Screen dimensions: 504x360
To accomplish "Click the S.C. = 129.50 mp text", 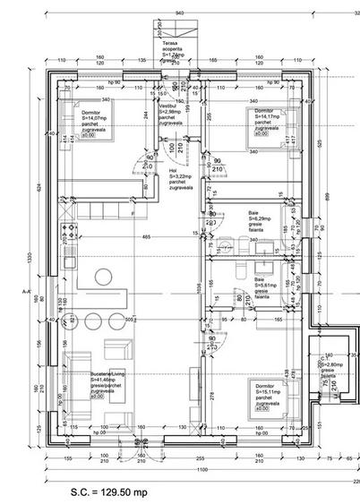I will [x=108, y=492].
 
